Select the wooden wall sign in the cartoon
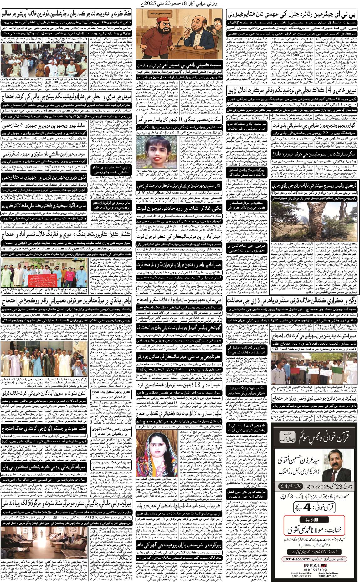coord(160,13)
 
